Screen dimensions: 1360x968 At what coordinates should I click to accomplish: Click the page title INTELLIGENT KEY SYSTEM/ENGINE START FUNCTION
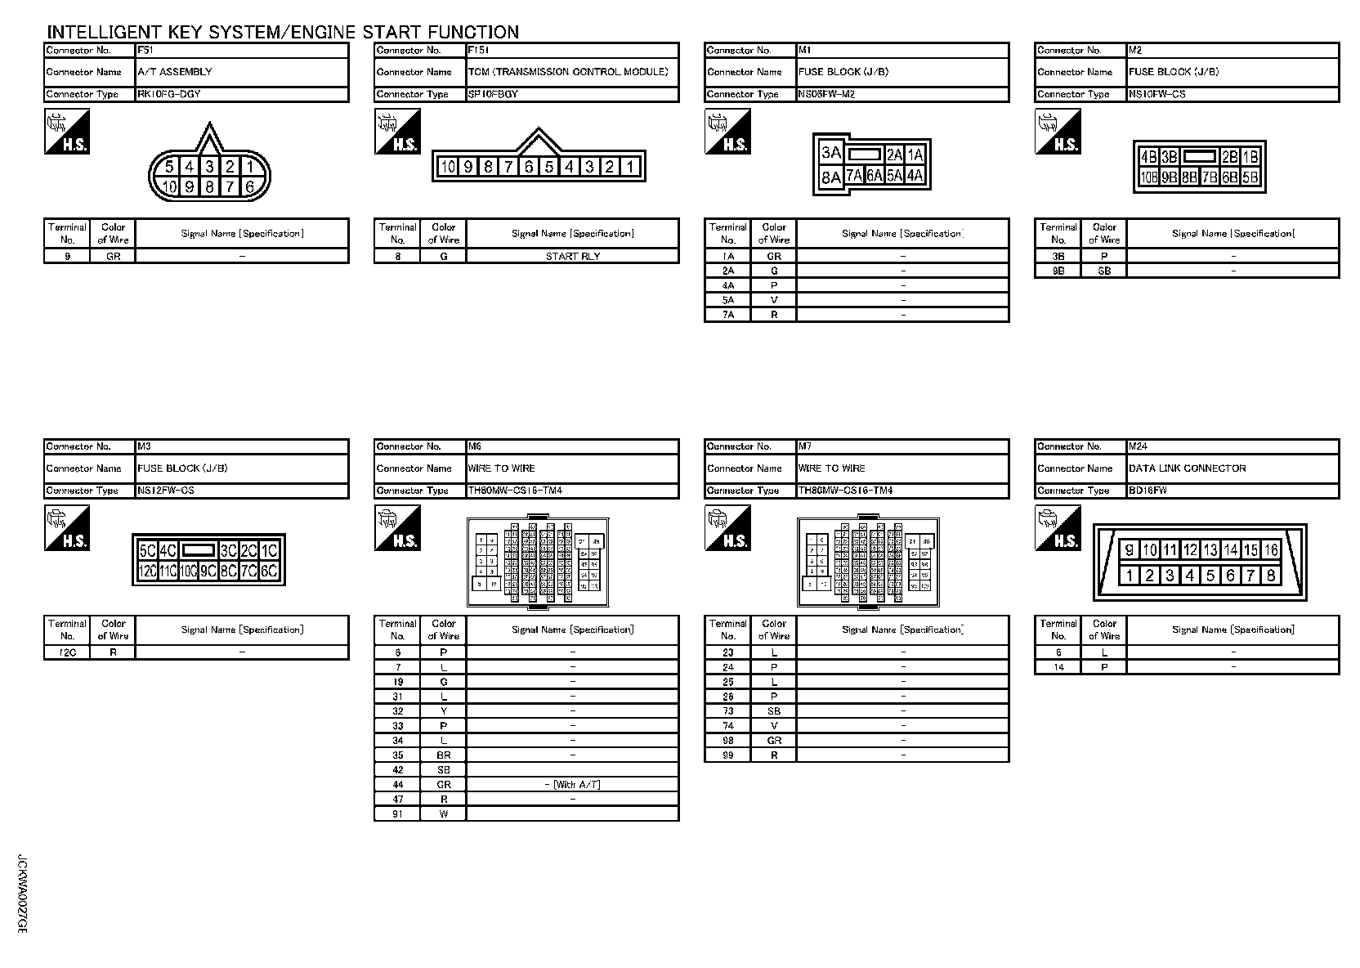(283, 32)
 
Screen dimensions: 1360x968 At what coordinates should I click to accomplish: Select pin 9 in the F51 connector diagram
(190, 187)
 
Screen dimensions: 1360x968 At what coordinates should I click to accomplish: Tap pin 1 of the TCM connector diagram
(630, 167)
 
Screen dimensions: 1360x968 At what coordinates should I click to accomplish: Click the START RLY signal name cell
(572, 256)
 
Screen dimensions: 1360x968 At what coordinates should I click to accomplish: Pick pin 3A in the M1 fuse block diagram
(830, 153)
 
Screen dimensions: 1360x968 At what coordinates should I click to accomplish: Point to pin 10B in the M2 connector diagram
(1149, 177)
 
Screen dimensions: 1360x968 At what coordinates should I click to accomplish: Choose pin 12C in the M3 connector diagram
(147, 571)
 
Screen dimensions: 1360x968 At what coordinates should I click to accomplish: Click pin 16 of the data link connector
(1270, 550)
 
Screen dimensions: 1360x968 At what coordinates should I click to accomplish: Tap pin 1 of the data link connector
(1129, 576)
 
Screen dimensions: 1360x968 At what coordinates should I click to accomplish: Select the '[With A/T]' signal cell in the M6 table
(572, 785)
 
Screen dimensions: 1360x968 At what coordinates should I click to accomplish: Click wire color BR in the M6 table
(443, 755)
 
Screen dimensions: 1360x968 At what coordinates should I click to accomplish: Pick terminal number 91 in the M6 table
(397, 814)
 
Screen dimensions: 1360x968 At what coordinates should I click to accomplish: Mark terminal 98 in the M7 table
(727, 741)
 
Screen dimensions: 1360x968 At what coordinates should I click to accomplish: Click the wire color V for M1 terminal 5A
(773, 300)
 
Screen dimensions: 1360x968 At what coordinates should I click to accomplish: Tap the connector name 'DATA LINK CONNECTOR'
(1187, 468)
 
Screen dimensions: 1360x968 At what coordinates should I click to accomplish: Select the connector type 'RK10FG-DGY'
(169, 94)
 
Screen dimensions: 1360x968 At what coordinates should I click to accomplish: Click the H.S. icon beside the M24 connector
(1058, 528)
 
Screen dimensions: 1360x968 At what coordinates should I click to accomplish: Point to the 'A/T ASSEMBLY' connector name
(175, 72)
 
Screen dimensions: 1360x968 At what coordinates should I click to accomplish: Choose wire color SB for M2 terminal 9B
(1103, 271)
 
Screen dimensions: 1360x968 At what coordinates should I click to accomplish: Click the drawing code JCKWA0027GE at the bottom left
(22, 895)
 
